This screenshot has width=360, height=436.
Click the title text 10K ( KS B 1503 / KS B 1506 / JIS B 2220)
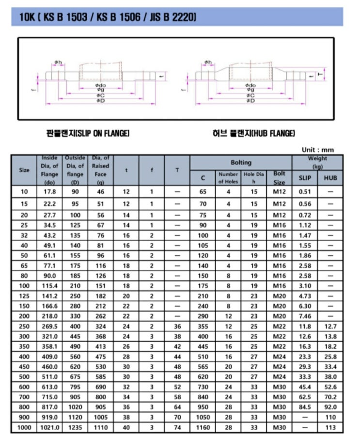coord(108,18)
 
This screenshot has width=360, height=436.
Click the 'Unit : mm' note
coord(317,150)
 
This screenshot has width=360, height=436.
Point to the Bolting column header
coord(241,163)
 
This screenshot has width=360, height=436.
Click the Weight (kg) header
coord(317,162)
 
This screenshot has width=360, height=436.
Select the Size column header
coord(24,170)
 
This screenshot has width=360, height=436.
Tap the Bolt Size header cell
coord(280,178)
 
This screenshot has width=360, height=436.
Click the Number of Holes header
coord(228,178)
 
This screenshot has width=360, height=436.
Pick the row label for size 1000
coord(24,428)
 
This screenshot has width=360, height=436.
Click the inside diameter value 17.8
coord(50,191)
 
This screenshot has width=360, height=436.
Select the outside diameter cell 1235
coord(75,428)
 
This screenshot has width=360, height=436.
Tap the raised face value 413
coord(101,346)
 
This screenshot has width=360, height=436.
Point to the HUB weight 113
coord(330,428)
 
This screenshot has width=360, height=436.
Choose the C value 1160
coord(203,428)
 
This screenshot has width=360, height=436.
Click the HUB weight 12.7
coord(330,327)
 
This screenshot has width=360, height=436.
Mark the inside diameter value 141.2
coord(50,296)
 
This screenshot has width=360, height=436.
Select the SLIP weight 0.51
coord(305,191)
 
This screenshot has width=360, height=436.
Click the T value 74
coord(177,428)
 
